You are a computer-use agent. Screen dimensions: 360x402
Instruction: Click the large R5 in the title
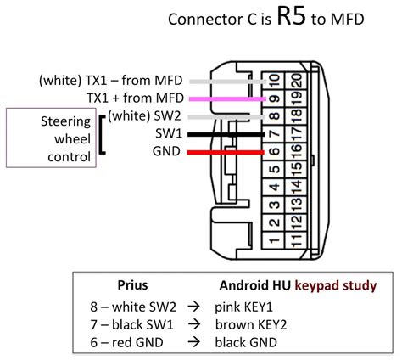pyautogui.click(x=293, y=19)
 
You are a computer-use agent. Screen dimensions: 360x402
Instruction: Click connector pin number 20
pyautogui.click(x=293, y=81)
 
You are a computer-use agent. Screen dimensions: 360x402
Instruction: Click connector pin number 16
pyautogui.click(x=293, y=152)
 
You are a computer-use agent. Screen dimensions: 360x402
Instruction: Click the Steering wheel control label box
pyautogui.click(x=52, y=137)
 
